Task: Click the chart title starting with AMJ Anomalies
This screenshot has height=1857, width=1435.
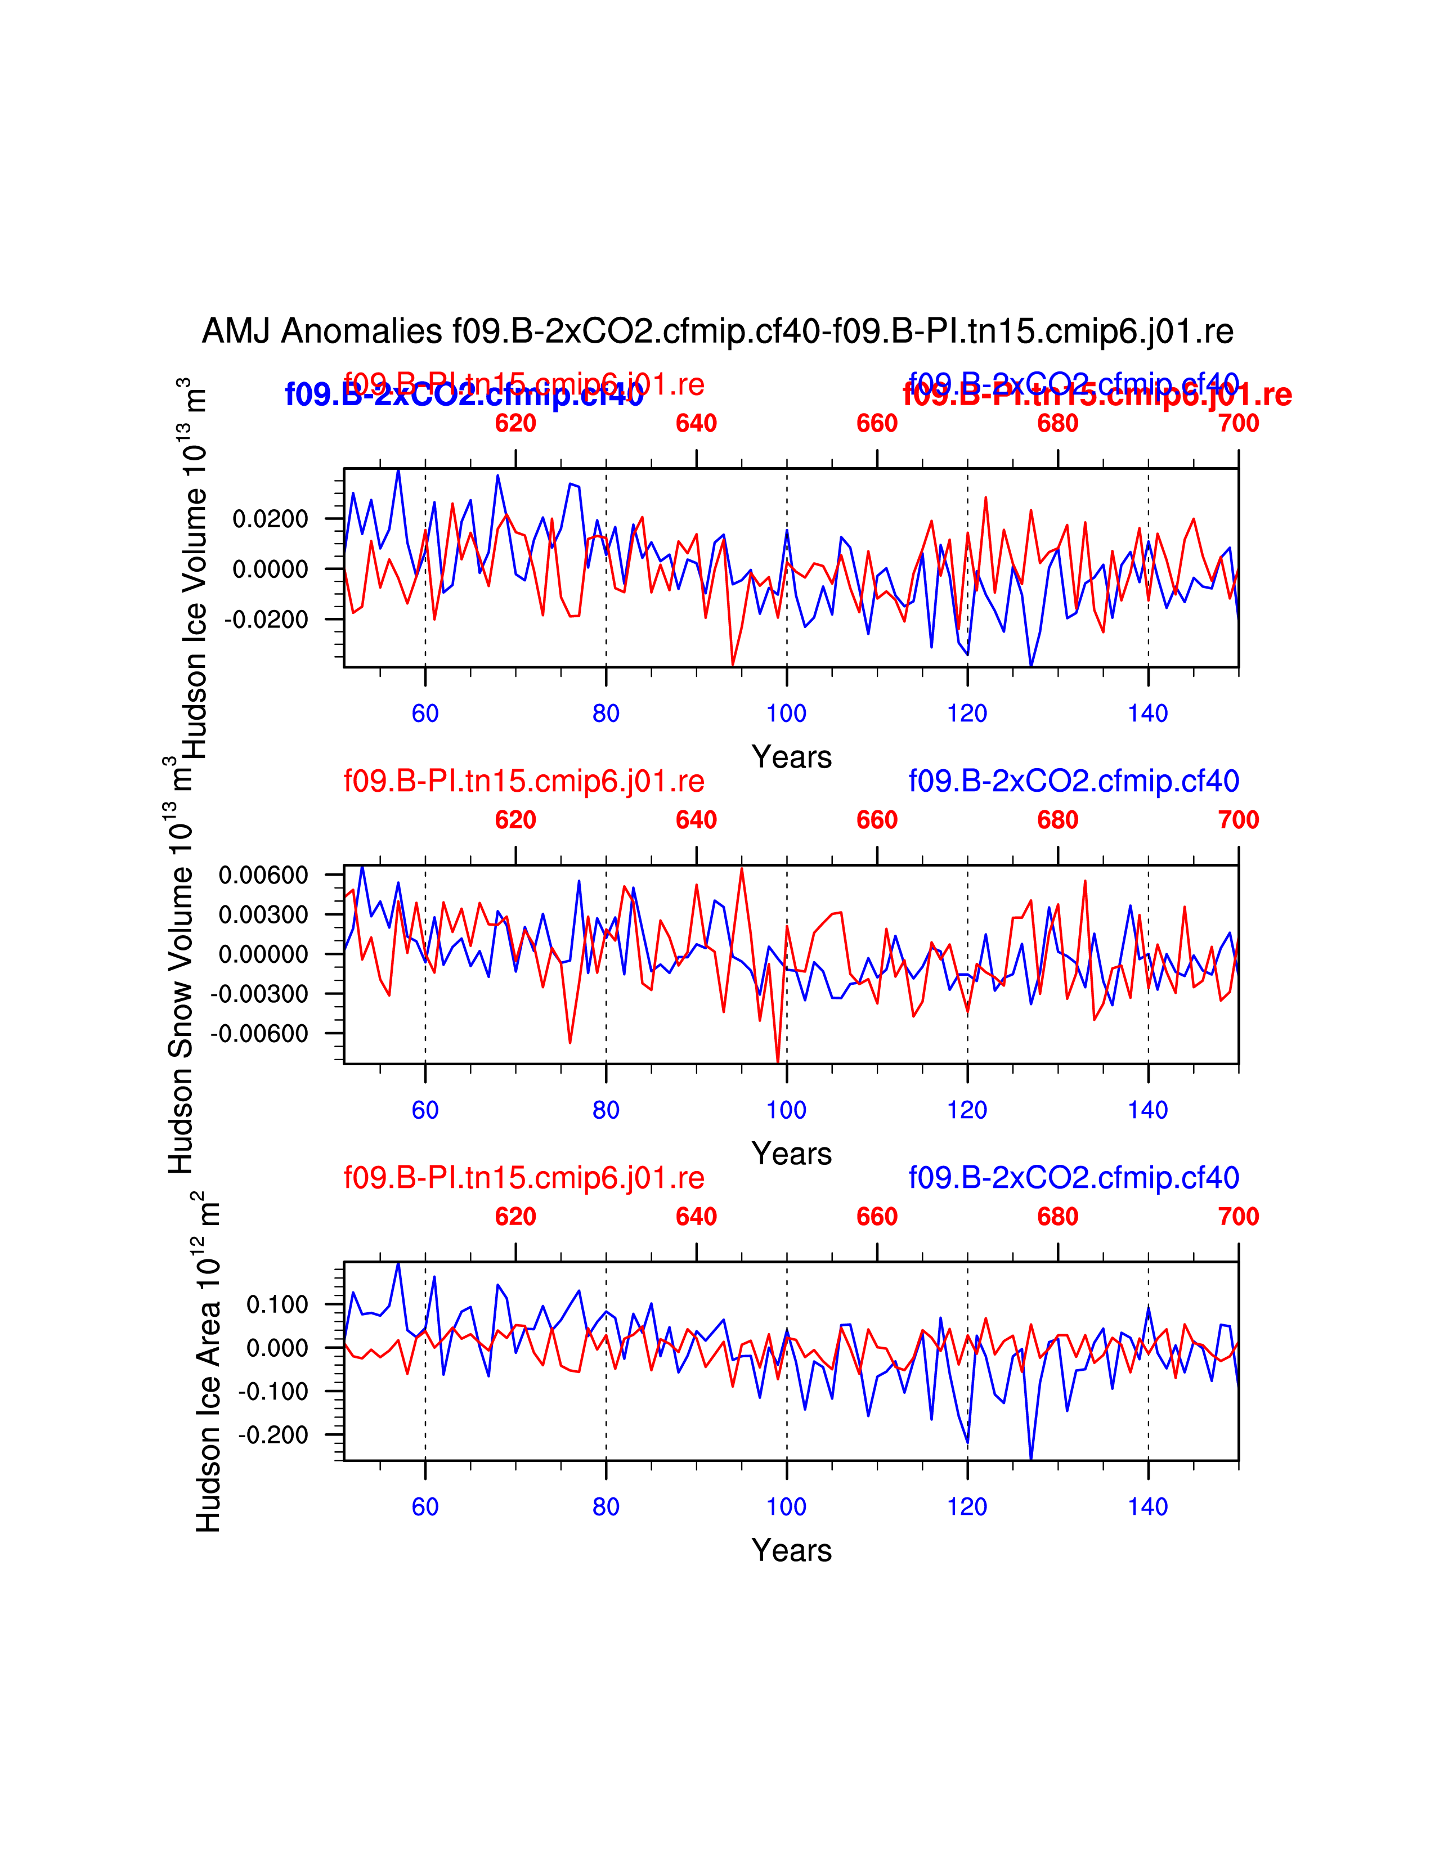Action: pyautogui.click(x=717, y=331)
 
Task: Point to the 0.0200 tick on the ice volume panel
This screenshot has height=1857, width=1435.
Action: pyautogui.click(x=270, y=519)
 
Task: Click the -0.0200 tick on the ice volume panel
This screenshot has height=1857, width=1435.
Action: pyautogui.click(x=266, y=620)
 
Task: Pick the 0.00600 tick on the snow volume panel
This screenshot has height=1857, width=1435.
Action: pyautogui.click(x=263, y=875)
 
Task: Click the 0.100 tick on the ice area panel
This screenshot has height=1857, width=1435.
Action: pyautogui.click(x=277, y=1305)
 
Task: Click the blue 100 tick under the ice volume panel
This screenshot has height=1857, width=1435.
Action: pyautogui.click(x=786, y=714)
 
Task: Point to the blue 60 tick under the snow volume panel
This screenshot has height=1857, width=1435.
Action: pyautogui.click(x=425, y=1110)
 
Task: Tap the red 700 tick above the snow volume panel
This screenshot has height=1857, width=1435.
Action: pyautogui.click(x=1238, y=820)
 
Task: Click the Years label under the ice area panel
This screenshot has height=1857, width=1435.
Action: pyautogui.click(x=791, y=1550)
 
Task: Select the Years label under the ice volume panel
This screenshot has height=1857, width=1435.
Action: pyautogui.click(x=791, y=757)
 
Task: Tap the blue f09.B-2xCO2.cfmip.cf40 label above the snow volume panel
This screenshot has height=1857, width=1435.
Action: pyautogui.click(x=1074, y=781)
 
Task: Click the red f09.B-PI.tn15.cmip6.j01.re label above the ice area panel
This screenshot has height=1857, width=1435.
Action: pyautogui.click(x=524, y=1178)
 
